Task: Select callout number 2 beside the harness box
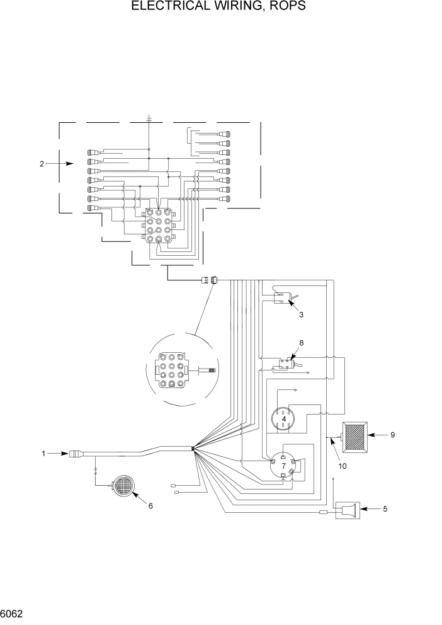(42, 164)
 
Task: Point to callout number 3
(301, 314)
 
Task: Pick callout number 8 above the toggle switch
(301, 343)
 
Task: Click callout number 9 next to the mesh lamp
(392, 435)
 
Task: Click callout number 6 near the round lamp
(150, 505)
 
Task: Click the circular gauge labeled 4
(284, 418)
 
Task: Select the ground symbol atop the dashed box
(149, 117)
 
